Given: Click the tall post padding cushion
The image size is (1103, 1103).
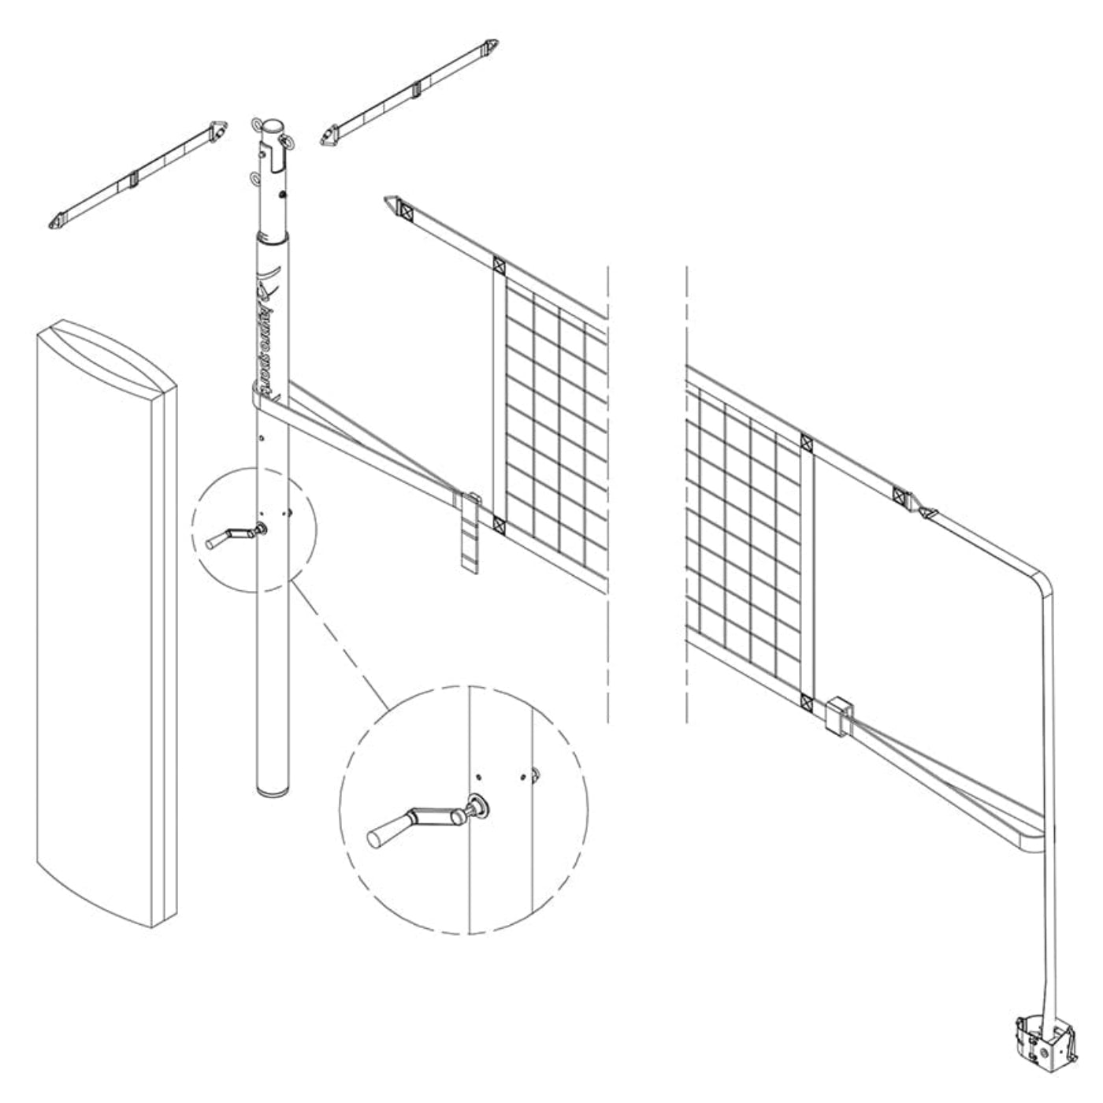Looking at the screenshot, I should click(106, 622).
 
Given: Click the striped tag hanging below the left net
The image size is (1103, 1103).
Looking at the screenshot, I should click(470, 536).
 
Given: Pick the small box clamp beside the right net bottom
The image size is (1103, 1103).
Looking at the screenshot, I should click(838, 715).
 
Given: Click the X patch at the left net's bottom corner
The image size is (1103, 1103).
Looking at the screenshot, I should click(499, 522).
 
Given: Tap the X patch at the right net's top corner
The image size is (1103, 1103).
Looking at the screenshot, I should click(806, 444).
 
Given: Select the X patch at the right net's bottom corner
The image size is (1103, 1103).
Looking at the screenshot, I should click(806, 700).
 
